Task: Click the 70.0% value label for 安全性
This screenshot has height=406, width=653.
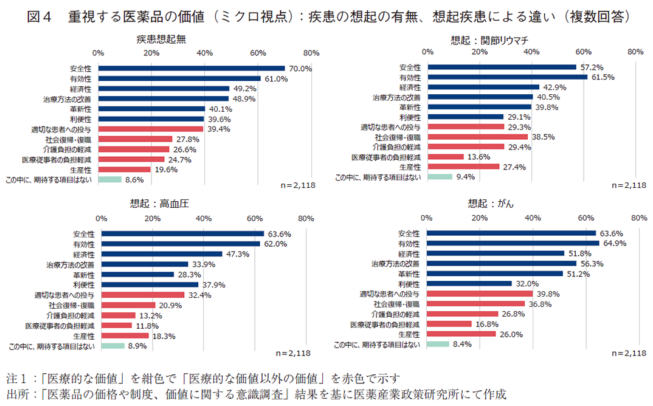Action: click(300, 69)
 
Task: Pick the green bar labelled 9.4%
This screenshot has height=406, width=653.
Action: click(440, 177)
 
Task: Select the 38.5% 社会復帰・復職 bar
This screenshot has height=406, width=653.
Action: click(478, 137)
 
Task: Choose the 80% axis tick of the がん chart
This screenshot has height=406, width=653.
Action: click(638, 218)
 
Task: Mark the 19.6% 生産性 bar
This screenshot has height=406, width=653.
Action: click(125, 169)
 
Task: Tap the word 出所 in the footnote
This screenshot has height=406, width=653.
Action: click(17, 393)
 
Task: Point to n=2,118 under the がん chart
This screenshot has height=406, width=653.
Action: click(627, 353)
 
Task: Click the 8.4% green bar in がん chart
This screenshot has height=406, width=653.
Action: click(438, 344)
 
